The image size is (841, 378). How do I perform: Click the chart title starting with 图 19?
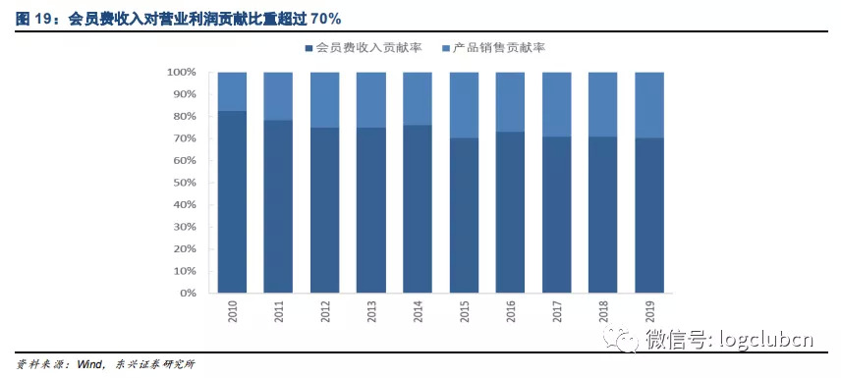coord(178,19)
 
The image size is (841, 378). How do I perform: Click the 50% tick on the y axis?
coord(185,183)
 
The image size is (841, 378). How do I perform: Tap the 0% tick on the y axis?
coord(188,294)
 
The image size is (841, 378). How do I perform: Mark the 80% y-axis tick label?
coord(185,117)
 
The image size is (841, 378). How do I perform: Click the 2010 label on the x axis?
coord(233,312)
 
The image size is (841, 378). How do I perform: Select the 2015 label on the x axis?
coord(465,312)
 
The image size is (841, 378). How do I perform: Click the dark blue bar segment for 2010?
coord(233,201)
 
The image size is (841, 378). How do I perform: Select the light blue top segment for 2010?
coord(233,91)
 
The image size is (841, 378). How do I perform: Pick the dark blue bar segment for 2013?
coord(371,210)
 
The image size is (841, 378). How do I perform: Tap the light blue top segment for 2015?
coord(465,105)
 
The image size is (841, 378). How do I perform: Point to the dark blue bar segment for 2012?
coord(325,210)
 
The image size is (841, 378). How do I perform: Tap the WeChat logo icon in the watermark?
coord(625,340)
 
